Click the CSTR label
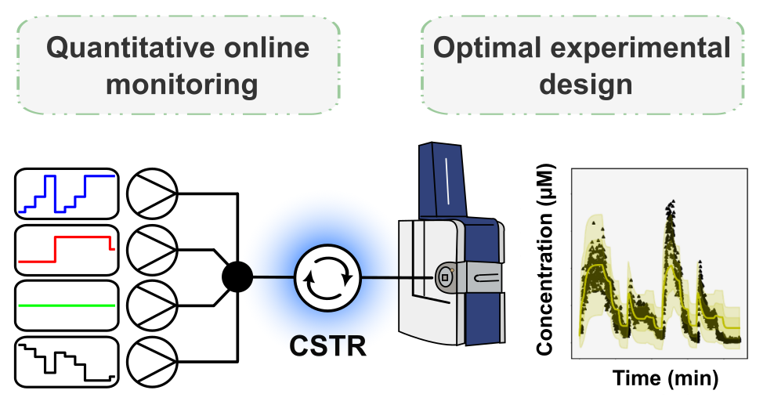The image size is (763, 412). [327, 345]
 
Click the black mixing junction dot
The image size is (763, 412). [237, 276]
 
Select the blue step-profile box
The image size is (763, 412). [67, 193]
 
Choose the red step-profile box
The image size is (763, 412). [67, 248]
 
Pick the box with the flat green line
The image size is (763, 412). [67, 304]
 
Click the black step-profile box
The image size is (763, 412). [67, 360]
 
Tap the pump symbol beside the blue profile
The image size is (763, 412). [153, 193]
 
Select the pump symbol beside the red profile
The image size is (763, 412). [153, 248]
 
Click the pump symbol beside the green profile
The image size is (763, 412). [153, 304]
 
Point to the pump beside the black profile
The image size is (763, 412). [153, 360]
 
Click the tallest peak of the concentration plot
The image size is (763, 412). [670, 205]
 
